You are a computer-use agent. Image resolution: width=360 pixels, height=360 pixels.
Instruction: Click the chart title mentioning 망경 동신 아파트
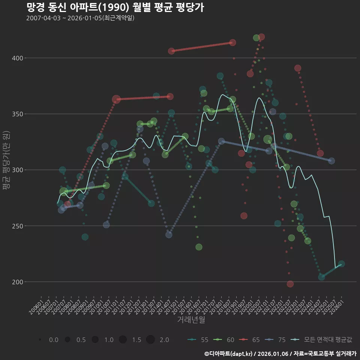(x=115, y=7)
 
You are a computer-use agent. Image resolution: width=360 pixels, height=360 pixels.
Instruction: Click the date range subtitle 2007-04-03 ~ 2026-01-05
(x=80, y=18)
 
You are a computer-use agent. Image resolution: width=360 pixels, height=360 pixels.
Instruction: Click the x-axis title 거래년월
(x=191, y=319)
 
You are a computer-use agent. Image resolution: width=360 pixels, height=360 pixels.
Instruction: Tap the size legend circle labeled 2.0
(x=150, y=340)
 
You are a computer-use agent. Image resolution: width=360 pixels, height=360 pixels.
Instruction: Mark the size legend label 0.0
(x=54, y=340)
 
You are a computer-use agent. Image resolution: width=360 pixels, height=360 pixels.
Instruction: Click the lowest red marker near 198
(x=290, y=284)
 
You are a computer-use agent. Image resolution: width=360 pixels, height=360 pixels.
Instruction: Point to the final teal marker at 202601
(x=341, y=264)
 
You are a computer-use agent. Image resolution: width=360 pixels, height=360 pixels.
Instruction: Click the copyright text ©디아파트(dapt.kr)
(x=229, y=353)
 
